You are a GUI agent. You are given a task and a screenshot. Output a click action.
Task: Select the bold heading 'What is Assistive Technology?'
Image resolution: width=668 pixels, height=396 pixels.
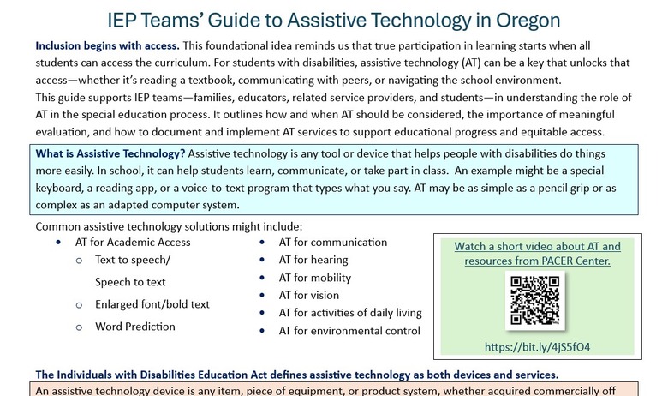(110, 153)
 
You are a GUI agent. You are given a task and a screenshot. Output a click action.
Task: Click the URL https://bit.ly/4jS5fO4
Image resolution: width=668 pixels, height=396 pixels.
(537, 346)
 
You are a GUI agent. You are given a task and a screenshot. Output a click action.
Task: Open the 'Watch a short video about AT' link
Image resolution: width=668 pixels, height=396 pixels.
(537, 246)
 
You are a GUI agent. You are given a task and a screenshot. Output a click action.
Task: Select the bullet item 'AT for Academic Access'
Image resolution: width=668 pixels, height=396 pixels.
(133, 242)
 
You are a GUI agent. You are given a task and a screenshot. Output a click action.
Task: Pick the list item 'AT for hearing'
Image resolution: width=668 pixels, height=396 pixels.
(313, 260)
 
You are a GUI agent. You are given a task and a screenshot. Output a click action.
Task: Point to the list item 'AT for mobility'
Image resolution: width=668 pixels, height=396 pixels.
(314, 278)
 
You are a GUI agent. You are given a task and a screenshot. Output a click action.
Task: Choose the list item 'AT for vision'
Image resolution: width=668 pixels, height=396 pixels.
(308, 295)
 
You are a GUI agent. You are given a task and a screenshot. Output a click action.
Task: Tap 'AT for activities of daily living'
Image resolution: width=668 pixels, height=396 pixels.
(350, 313)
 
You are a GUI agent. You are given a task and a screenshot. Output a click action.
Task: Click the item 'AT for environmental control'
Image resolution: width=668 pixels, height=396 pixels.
(349, 331)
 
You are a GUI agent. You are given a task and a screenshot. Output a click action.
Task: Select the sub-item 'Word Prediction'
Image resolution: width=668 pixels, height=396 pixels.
(135, 327)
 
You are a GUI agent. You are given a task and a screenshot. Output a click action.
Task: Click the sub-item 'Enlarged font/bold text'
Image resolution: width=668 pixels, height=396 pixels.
(152, 304)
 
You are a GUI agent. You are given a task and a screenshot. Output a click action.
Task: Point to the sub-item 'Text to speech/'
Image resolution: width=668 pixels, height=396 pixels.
(133, 260)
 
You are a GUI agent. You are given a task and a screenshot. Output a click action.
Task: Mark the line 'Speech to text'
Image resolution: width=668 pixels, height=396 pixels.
(130, 282)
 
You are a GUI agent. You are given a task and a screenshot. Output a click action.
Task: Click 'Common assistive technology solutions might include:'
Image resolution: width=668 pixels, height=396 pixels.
(169, 226)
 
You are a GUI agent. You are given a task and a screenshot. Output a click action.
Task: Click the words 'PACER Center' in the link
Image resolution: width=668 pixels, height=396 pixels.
(575, 260)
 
